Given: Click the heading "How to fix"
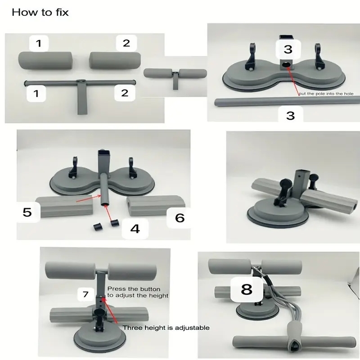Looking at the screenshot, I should pos(40,12).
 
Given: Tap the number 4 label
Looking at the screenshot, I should pos(135,228).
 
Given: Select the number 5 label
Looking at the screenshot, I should pos(27,211).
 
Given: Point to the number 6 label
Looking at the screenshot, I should pos(180,218).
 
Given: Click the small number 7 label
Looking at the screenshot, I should pos(85,294).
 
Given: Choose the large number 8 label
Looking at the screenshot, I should pos(246,289).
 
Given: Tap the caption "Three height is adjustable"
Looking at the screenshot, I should pos(166,328).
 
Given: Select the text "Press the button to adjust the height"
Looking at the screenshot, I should pos(137,292).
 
